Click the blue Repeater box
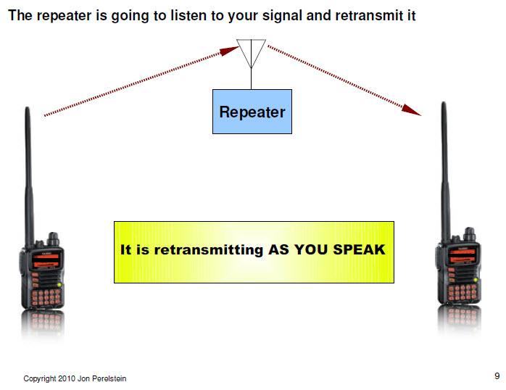pyautogui.click(x=252, y=112)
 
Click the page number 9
pyautogui.click(x=497, y=376)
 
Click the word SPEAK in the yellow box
pyautogui.click(x=360, y=250)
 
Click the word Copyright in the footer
pyautogui.click(x=41, y=378)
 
